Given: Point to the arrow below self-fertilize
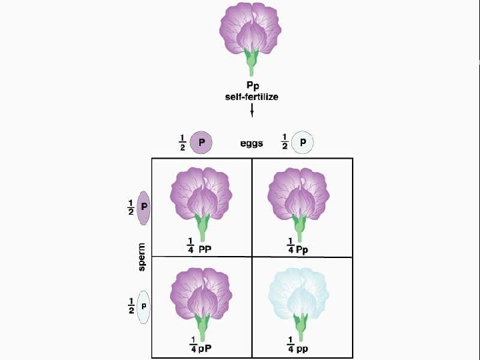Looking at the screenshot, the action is coord(251,109).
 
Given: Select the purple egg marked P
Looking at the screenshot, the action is coord(201,142).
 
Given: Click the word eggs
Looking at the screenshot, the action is coord(251,143).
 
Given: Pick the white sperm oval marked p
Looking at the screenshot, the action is coord(144,307).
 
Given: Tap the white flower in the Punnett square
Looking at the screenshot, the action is coord(298,297).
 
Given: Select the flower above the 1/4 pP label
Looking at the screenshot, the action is coord(202,297).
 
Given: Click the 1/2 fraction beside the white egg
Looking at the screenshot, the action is coord(286,142).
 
